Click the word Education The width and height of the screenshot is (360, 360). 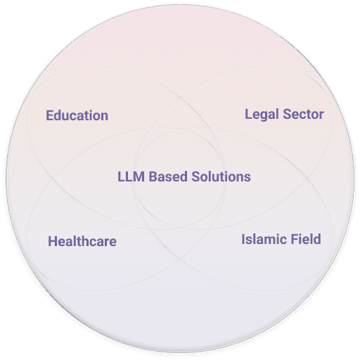click(77, 115)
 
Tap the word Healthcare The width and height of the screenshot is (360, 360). click(82, 241)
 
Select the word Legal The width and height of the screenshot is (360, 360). click(262, 115)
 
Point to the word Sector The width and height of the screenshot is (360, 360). click(304, 114)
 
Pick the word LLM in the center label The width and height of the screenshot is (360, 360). click(131, 176)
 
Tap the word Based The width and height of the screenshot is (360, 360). click(168, 176)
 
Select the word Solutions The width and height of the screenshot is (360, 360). click(221, 176)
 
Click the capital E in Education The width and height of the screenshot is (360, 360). click(49, 115)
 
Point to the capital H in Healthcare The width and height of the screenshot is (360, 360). click(53, 241)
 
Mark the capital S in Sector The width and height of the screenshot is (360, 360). click(287, 115)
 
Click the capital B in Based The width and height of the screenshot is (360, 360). click(153, 176)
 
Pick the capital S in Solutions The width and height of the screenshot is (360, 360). click(196, 176)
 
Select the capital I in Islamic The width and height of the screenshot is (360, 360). click(243, 239)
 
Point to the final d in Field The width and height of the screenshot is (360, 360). click(317, 239)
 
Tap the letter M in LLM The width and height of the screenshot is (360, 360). click(139, 176)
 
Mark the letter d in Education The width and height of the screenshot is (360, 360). click(58, 115)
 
